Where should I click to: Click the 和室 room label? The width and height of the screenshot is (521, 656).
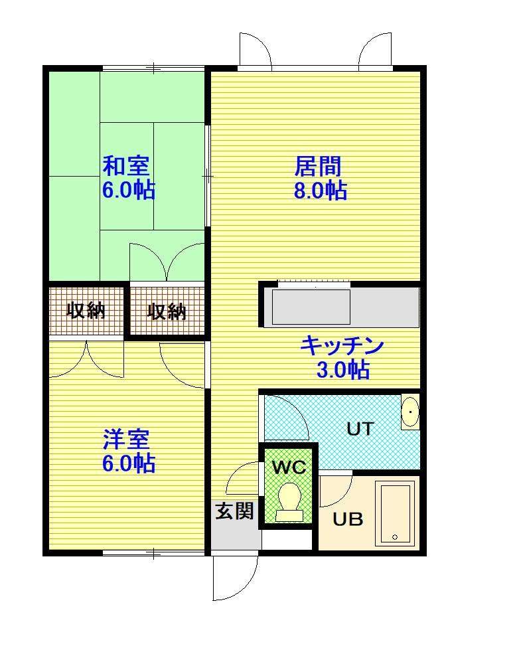pyautogui.click(x=126, y=166)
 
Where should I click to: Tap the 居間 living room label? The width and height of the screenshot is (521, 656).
pyautogui.click(x=318, y=166)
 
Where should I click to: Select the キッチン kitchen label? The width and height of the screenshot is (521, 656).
pyautogui.click(x=342, y=345)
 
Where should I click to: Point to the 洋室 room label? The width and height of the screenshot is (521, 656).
pyautogui.click(x=126, y=439)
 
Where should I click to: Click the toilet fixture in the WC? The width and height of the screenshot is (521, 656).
pyautogui.click(x=289, y=503)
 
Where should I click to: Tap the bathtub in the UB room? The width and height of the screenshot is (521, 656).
pyautogui.click(x=395, y=513)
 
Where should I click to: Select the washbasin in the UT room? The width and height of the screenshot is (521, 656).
pyautogui.click(x=410, y=412)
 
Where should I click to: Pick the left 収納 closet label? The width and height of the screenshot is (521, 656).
pyautogui.click(x=86, y=311)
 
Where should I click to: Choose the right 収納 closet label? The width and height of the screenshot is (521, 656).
pyautogui.click(x=167, y=311)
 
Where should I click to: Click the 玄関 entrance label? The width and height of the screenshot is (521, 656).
pyautogui.click(x=234, y=511)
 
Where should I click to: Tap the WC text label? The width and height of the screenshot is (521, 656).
pyautogui.click(x=289, y=467)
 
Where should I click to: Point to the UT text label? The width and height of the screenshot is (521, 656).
pyautogui.click(x=360, y=429)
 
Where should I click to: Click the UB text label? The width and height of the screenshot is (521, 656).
pyautogui.click(x=348, y=519)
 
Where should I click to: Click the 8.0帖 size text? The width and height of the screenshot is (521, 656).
pyautogui.click(x=321, y=191)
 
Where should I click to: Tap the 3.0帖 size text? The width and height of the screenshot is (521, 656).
pyautogui.click(x=343, y=370)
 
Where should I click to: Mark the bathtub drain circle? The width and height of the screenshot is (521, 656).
pyautogui.click(x=395, y=537)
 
